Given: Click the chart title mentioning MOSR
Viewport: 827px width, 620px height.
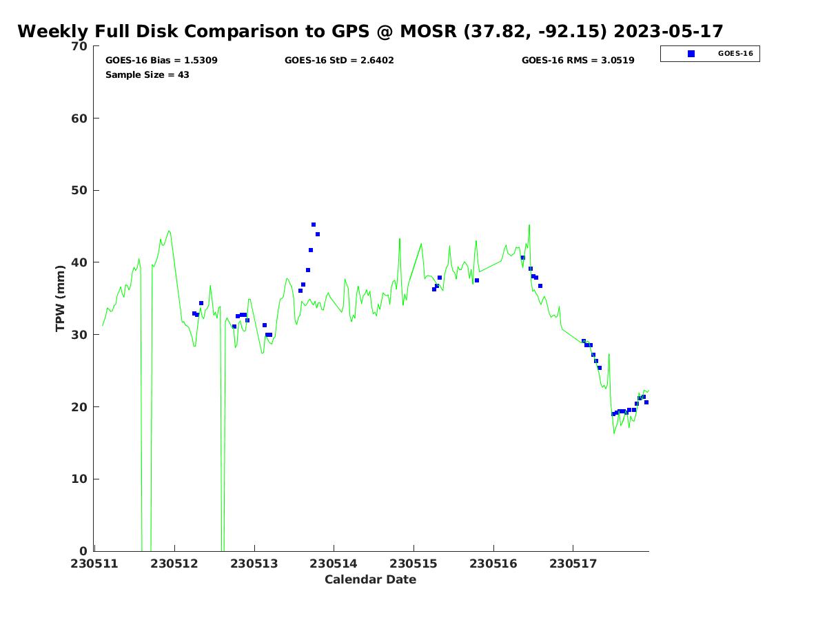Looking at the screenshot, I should coord(370,32).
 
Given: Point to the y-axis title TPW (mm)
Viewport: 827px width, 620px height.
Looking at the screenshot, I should coord(61,298).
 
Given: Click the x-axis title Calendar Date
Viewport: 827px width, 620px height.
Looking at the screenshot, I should coord(370,579).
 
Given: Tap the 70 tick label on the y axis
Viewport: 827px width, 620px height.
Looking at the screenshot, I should coord(80,46).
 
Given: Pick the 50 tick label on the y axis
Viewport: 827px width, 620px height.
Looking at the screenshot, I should coord(80,191).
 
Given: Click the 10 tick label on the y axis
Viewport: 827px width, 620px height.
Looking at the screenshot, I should coord(80,479).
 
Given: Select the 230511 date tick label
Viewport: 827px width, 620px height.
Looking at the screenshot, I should coord(95,564).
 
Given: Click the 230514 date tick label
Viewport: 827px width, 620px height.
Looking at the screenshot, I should coord(334,564).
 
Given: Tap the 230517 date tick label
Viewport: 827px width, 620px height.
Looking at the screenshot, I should coord(573,564).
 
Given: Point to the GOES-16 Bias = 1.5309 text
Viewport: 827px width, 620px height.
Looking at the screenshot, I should coord(161,61).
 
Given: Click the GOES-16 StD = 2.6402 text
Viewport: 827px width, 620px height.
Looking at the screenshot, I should coord(339,61).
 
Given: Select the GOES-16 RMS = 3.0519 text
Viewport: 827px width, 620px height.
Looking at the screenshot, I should coord(578,61).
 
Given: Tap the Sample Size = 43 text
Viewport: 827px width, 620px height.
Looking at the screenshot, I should coord(147,75).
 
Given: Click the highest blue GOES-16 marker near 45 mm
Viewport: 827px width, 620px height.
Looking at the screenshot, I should coord(314,225).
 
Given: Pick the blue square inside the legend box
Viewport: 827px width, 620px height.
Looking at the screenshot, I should coord(691,54).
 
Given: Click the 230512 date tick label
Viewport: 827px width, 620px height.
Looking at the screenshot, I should coord(174,564).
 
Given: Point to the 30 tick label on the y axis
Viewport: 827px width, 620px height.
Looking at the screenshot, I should coord(80,335).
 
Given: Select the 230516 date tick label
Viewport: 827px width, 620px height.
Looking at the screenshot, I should coord(493,564).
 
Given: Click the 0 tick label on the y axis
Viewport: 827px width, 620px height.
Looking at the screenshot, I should coord(84,551).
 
